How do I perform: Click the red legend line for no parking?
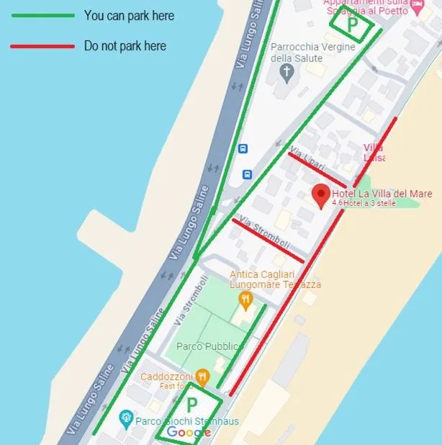42,46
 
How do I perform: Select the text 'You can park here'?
129,16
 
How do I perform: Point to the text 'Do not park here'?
125,46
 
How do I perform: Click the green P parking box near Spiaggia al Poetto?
352,25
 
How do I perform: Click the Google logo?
189,432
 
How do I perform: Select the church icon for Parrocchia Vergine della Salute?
287,72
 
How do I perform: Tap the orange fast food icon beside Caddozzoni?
203,376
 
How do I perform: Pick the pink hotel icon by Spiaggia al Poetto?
417,6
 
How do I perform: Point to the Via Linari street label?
301,153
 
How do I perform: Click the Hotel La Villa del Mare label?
382,193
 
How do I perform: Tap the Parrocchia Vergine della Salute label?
313,53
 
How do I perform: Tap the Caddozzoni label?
166,377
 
